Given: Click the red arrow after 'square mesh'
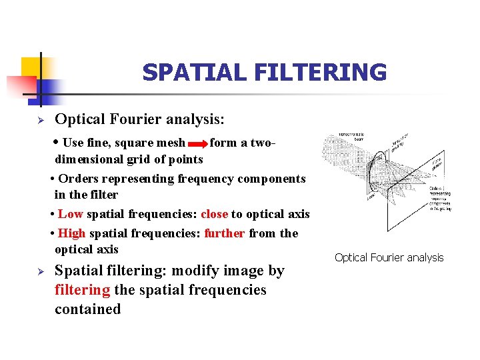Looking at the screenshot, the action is (198, 143).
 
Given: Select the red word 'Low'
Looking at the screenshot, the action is (70, 214).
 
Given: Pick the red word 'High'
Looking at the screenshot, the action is (71, 233).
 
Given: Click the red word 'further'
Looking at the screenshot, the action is (225, 233).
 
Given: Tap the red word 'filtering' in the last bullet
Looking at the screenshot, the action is (83, 290).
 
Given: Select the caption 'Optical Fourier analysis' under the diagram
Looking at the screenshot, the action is (389, 257).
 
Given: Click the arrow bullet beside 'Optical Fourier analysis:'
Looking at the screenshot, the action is (40, 121).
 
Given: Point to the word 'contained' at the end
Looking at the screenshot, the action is (87, 309).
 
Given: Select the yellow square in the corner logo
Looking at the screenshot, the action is (31, 67).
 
